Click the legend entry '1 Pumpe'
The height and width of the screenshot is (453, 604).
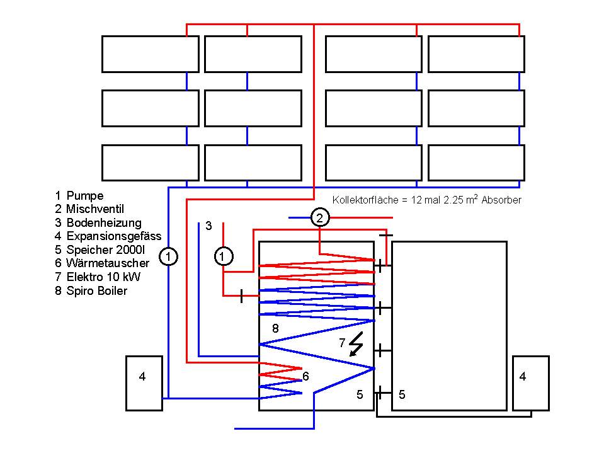79,196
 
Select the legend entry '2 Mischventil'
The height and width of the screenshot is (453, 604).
89,209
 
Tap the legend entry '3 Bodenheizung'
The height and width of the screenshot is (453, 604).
98,222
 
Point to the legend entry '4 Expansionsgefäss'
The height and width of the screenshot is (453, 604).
108,236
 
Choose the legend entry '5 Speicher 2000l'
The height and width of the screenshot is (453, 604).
100,249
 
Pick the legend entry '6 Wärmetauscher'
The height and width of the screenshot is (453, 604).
101,263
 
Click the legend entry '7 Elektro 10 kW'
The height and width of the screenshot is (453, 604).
98,277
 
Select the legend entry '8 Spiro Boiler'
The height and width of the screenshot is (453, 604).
91,290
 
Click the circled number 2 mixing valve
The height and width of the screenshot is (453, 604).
320,217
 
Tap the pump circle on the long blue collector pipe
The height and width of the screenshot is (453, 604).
168,256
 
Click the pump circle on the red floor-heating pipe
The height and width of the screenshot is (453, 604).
224,256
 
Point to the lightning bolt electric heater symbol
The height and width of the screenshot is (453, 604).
356,344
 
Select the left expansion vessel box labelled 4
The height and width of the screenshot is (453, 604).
144,383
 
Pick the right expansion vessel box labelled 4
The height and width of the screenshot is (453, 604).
531,383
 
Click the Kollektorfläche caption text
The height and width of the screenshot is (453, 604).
427,200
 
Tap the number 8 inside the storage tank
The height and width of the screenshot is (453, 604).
275,328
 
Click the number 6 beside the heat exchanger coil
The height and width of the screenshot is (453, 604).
305,376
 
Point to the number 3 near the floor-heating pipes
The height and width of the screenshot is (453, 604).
208,226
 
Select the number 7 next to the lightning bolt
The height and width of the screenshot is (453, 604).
342,343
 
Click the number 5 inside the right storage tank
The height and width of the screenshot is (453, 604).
402,394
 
